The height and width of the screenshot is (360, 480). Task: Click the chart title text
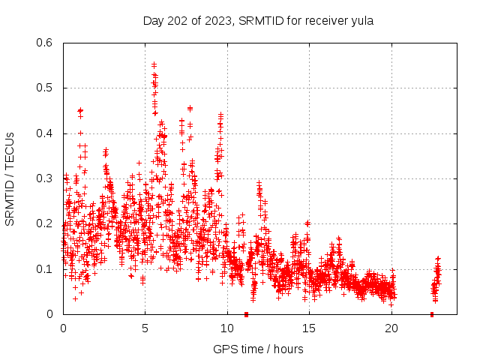[258, 20]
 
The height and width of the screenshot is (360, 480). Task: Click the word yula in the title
[361, 20]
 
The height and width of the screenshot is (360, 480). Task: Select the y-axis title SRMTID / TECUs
[10, 178]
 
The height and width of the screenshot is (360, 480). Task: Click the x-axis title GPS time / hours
[258, 349]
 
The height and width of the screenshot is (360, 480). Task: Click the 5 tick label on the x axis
[145, 328]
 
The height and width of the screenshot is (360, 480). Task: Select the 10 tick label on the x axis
[227, 328]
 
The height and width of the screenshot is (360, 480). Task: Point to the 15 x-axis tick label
[309, 328]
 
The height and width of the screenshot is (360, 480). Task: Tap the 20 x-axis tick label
[391, 328]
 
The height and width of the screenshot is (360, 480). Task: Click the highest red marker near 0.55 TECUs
[154, 64]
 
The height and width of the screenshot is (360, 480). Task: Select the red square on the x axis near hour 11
[246, 314]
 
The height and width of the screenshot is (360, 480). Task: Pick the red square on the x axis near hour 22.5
[432, 314]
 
